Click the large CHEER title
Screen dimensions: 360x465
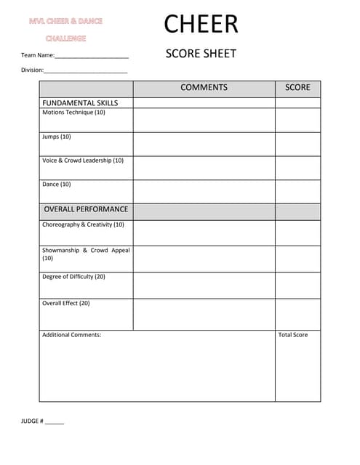[201, 24]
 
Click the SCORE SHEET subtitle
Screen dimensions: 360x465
[201, 54]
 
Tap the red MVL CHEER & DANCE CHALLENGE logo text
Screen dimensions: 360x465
[66, 30]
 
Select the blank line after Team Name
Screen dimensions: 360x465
[92, 56]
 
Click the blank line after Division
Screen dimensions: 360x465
[86, 70]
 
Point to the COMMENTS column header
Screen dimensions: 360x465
[204, 87]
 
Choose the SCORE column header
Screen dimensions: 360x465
[297, 87]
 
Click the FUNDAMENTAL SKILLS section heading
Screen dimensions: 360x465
[80, 103]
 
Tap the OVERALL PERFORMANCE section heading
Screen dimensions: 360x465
[86, 209]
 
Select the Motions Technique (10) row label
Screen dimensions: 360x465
[73, 113]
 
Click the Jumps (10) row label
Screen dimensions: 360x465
[57, 137]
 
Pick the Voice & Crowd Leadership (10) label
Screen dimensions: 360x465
[83, 161]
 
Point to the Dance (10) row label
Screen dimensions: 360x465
[57, 185]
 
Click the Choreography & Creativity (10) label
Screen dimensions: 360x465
[83, 225]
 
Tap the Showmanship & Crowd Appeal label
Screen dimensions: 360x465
[86, 251]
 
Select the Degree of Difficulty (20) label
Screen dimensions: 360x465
[73, 277]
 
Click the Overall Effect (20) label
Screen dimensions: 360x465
[66, 303]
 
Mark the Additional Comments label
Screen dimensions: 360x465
[72, 335]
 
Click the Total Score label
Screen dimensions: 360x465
[293, 335]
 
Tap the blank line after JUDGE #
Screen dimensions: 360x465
[55, 422]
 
